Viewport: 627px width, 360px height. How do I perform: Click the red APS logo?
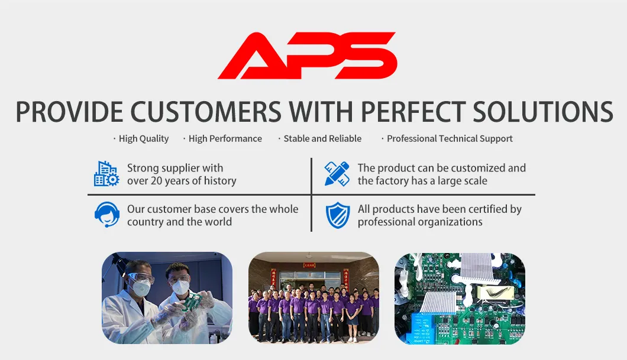[x=307, y=55]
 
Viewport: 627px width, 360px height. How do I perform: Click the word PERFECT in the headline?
[x=413, y=111]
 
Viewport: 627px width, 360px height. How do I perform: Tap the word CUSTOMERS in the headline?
[x=206, y=111]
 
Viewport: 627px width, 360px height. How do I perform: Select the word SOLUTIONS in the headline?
[x=543, y=111]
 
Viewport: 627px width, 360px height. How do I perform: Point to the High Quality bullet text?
[x=144, y=139]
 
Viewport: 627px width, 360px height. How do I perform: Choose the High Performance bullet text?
[x=225, y=139]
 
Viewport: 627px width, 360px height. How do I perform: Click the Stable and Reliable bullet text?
[x=322, y=139]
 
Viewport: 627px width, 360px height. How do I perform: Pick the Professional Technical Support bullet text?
[x=450, y=139]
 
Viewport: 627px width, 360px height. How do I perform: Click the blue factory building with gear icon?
[x=106, y=174]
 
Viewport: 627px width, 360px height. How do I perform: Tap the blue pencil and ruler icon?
[x=337, y=174]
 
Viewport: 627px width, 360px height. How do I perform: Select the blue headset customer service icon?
[x=106, y=215]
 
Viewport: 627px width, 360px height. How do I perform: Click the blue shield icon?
[x=338, y=215]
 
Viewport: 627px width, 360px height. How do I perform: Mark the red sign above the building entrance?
[x=309, y=265]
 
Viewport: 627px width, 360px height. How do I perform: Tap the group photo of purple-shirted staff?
[x=314, y=298]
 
